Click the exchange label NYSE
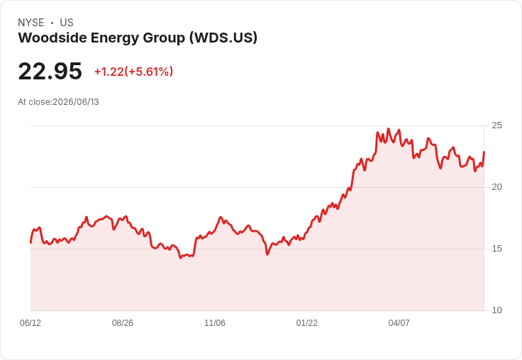[x=31, y=23]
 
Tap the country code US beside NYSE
[x=67, y=23]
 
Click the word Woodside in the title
[x=52, y=38]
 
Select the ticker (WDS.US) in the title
[x=223, y=38]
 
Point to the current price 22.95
[x=50, y=71]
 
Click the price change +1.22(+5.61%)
[x=133, y=72]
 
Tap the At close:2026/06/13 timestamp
[x=58, y=102]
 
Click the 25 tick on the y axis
[x=496, y=125]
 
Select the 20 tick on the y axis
[x=496, y=187]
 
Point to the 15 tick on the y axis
[x=496, y=249]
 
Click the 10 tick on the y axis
[x=496, y=310]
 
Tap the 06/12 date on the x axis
[x=30, y=322]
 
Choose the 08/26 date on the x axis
[x=123, y=322]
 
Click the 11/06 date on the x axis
[x=215, y=322]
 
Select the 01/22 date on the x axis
[x=307, y=322]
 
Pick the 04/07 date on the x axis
[x=399, y=322]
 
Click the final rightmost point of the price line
[x=484, y=152]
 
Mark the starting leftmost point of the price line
[x=30, y=243]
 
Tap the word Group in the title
[x=164, y=38]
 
